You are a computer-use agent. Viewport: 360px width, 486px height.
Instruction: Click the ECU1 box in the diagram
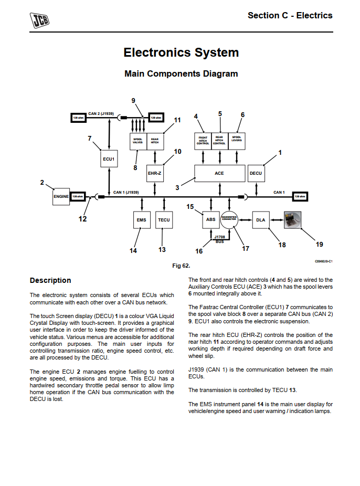click(109, 159)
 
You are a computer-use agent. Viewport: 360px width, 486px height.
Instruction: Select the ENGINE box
click(61, 196)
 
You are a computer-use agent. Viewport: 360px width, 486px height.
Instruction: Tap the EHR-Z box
click(154, 173)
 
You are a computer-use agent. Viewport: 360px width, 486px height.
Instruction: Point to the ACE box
click(219, 173)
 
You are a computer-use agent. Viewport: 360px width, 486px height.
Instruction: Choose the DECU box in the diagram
click(256, 173)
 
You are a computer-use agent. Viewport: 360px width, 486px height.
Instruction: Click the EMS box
click(141, 220)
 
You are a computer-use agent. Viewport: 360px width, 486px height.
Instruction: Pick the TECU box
click(164, 220)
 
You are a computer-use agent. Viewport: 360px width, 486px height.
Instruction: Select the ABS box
click(211, 220)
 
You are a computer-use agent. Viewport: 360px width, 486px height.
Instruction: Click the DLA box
click(261, 220)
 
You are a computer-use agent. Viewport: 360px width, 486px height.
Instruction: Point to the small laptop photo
click(293, 219)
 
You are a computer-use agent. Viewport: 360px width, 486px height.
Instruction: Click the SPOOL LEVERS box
click(237, 140)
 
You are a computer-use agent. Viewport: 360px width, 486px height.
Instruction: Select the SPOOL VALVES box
click(138, 141)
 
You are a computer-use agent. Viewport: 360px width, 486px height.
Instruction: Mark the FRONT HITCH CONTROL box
click(203, 140)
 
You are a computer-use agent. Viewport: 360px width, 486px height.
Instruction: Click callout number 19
click(319, 244)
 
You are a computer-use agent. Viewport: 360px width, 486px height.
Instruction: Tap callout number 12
click(82, 219)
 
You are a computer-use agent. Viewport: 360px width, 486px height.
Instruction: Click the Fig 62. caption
click(181, 266)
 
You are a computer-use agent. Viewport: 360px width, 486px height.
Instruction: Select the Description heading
click(50, 280)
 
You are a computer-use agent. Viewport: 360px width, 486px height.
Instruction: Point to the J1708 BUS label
click(219, 239)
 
